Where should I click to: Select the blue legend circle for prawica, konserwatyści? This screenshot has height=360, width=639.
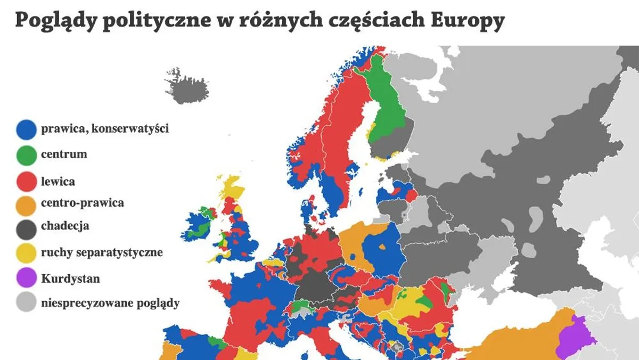click(x=26, y=129)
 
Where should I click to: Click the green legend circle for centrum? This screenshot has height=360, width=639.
click(x=26, y=155)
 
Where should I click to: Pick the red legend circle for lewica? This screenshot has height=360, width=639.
click(x=26, y=182)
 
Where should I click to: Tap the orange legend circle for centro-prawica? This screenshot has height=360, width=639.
click(x=26, y=203)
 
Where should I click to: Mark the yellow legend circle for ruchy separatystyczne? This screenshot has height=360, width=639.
click(x=26, y=253)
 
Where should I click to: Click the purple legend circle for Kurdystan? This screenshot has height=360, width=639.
click(x=26, y=279)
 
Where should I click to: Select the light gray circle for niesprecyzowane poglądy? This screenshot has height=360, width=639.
click(x=26, y=304)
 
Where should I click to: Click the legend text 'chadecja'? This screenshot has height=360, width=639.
click(x=65, y=226)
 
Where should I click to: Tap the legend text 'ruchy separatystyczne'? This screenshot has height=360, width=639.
click(x=102, y=252)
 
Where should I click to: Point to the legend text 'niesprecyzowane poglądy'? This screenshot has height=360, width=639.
click(x=110, y=304)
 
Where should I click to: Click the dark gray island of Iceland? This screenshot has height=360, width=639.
click(x=186, y=88)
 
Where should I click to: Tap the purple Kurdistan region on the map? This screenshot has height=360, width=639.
click(x=572, y=338)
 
